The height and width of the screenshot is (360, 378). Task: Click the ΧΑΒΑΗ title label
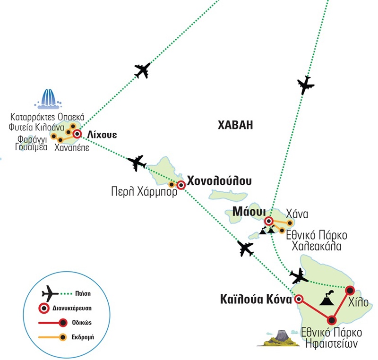click(x=236, y=125)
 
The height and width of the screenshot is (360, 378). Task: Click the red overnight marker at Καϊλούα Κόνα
click(x=299, y=299)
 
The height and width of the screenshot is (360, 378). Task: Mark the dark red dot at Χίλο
click(x=350, y=290)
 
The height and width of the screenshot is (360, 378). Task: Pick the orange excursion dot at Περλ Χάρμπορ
click(x=172, y=184)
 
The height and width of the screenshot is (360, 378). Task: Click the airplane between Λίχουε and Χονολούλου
click(x=137, y=163)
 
